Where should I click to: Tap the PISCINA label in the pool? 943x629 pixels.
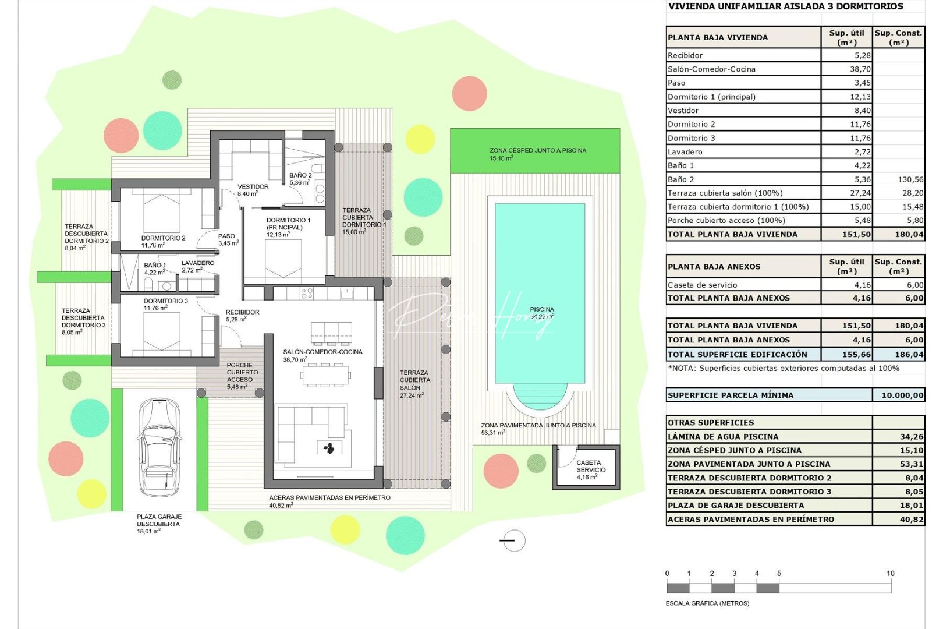click(x=541, y=310)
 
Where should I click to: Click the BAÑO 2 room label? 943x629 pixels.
click(x=300, y=175)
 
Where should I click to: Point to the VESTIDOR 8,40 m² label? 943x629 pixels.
click(x=253, y=190)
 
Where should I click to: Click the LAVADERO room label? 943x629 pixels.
click(x=198, y=263)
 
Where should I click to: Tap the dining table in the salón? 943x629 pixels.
click(x=325, y=376)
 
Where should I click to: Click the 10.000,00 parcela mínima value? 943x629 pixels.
click(x=902, y=395)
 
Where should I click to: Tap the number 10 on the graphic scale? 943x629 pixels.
click(x=890, y=574)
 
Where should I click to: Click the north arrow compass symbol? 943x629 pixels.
click(x=512, y=541)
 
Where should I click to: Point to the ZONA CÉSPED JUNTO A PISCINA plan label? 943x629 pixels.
click(x=537, y=151)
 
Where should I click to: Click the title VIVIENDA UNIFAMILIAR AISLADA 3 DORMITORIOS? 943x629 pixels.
click(x=785, y=6)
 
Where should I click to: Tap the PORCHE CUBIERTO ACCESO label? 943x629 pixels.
click(x=242, y=373)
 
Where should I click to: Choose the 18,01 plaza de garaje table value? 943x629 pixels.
click(x=911, y=506)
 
